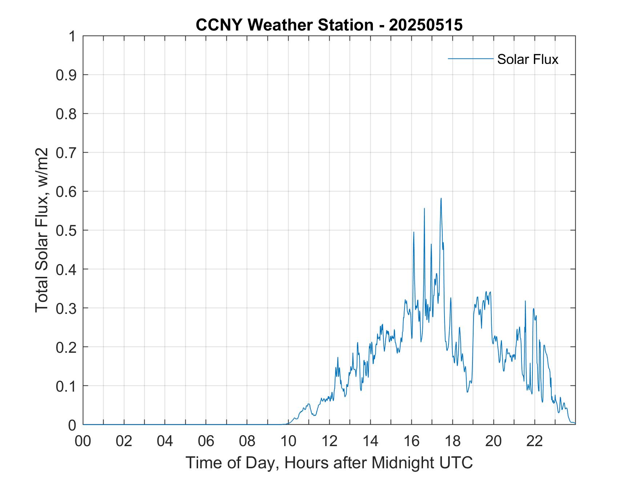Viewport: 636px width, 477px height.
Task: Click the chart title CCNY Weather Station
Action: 284,25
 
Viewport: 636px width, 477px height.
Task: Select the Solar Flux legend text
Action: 527,59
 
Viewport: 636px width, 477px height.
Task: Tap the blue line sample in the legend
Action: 471,58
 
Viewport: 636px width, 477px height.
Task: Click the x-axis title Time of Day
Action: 329,462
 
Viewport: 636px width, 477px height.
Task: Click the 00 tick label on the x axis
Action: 83,441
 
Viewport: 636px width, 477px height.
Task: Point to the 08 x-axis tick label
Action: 247,441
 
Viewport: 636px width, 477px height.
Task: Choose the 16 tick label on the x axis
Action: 411,441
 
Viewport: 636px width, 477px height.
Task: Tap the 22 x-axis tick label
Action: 535,441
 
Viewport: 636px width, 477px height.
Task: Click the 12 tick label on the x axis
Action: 329,441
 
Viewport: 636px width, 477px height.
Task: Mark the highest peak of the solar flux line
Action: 441,198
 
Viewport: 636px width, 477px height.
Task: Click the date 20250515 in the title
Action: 426,25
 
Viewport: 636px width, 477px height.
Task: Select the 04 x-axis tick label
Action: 165,441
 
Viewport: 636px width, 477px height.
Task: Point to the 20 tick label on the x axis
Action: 494,441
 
